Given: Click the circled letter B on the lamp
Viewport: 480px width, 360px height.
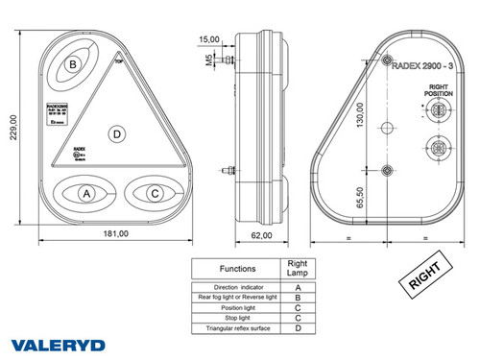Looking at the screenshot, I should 72,65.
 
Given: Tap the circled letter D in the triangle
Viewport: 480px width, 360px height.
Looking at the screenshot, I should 116,133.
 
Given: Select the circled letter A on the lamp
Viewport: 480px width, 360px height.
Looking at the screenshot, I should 86,194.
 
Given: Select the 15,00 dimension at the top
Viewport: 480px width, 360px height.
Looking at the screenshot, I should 208,39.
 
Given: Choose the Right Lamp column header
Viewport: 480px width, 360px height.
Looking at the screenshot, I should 299,269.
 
